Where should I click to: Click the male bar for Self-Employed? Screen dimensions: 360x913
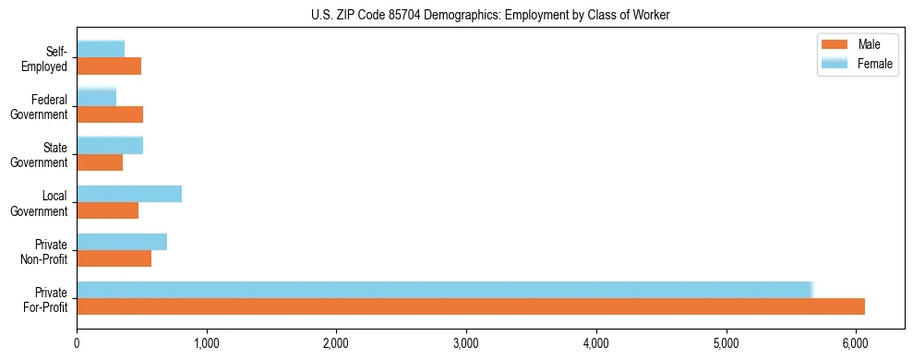coord(109,66)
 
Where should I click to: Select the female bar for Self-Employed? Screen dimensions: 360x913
coord(101,49)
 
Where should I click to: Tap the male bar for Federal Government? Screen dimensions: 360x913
coord(110,114)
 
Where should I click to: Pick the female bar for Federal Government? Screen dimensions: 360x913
coord(97,97)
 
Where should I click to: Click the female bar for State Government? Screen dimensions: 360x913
coord(110,145)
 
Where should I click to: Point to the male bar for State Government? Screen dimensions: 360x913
coord(100,162)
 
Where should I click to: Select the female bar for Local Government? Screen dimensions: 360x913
coord(129,193)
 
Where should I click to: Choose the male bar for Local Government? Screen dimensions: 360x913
coord(108,210)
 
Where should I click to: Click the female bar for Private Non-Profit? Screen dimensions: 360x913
coord(122,242)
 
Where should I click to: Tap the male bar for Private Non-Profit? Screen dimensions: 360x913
coord(114,258)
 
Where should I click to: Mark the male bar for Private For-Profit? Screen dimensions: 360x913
coord(471,306)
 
